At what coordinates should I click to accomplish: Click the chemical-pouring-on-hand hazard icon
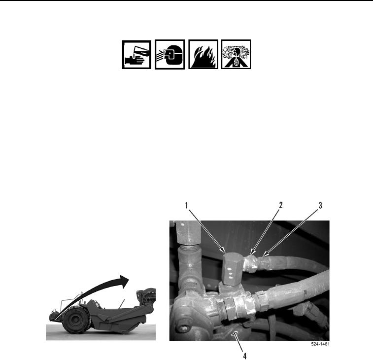coord(136,55)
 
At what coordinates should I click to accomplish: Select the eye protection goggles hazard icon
coord(170,55)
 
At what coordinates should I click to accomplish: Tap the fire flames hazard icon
coord(203,54)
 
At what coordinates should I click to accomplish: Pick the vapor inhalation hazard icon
coord(236,54)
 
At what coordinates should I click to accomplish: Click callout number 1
coord(187,205)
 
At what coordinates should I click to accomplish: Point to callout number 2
coord(281,205)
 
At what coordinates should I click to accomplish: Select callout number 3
coord(320,205)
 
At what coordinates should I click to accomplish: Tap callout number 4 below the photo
coord(245,356)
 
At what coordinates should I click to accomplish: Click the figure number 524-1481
coord(320,344)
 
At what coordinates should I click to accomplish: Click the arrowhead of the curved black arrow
coord(124,281)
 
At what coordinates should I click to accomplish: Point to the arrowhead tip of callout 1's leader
coord(226,252)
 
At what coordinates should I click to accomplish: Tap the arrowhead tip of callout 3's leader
coord(263,257)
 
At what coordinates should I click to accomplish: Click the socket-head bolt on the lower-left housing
coord(183,329)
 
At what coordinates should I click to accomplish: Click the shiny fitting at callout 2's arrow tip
coord(251,263)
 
